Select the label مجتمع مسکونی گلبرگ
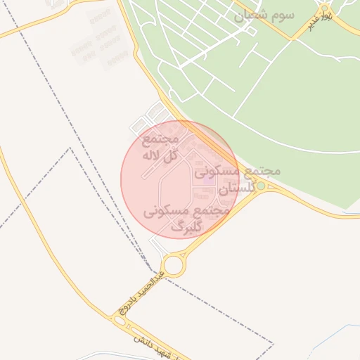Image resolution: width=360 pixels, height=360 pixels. pos(186,219)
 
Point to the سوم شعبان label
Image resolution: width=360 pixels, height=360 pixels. pos(265,15)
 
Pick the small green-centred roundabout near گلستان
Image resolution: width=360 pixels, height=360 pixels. pos(261,186)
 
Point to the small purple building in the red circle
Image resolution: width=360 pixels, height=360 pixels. pos(208,174)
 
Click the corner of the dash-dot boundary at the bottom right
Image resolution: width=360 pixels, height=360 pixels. pos(272,344)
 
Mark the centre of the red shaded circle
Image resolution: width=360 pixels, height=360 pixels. pos(180,180)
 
